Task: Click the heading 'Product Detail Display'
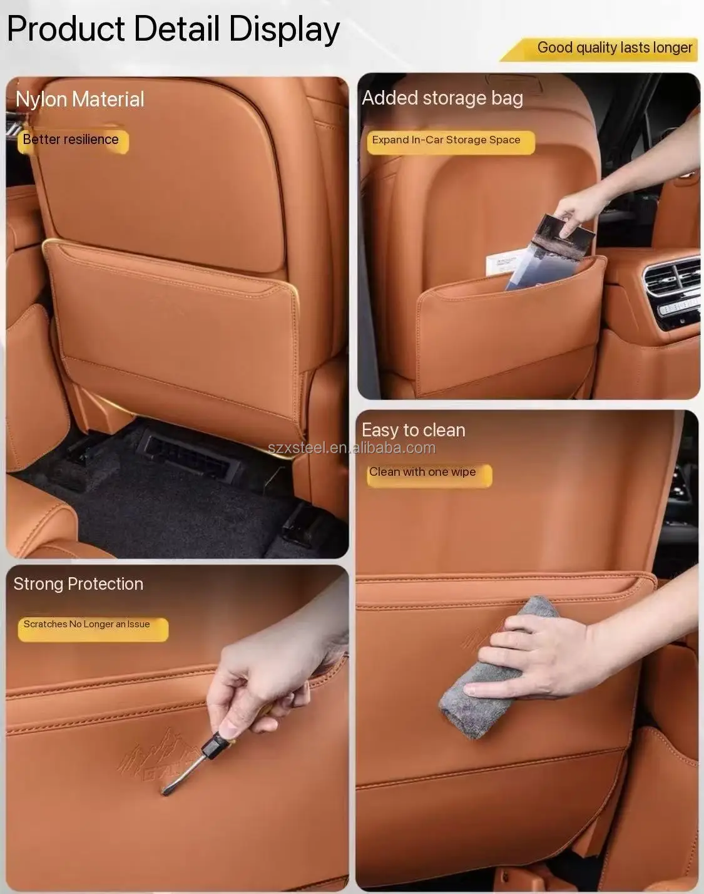point(173,29)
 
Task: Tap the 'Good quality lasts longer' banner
point(599,49)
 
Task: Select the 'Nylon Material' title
point(79,100)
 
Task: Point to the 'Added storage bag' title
point(442,98)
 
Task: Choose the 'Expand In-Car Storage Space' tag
point(451,142)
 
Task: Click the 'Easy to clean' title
point(413,430)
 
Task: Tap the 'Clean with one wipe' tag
point(429,475)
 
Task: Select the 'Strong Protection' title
point(78,583)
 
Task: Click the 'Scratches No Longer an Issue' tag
point(93,629)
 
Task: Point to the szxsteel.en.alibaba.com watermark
point(352,448)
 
